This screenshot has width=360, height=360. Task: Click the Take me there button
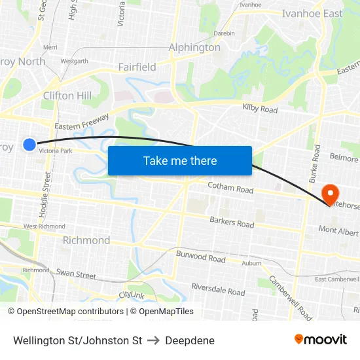(180, 160)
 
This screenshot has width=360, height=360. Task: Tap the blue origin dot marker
(29, 144)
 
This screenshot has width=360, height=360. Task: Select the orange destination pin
(331, 194)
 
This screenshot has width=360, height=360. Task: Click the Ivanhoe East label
(312, 14)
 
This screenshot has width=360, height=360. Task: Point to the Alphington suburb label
(194, 47)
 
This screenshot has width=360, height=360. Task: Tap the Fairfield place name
(137, 67)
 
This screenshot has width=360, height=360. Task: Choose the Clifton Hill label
(67, 96)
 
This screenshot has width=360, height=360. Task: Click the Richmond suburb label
(86, 240)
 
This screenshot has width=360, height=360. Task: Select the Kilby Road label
(260, 109)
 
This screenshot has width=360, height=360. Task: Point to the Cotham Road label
(230, 189)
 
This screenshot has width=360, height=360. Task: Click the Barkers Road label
(232, 223)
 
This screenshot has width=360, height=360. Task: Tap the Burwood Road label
(200, 258)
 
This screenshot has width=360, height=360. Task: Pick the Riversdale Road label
(219, 289)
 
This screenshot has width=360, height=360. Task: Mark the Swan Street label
(76, 274)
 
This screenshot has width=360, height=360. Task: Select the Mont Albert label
(338, 231)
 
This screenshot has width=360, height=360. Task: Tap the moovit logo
(321, 339)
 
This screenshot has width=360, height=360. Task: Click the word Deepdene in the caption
(190, 340)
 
